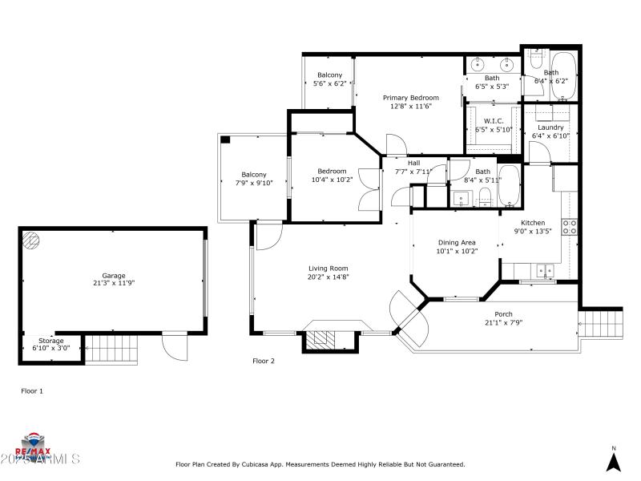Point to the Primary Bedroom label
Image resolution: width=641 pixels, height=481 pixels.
(410, 98)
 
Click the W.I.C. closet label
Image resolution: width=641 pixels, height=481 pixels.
(493, 121)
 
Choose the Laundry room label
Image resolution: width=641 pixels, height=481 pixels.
(550, 127)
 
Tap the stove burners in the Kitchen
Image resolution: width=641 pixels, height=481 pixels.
(570, 227)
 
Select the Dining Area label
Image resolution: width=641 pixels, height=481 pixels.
(457, 243)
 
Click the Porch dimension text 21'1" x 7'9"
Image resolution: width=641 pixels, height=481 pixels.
(503, 322)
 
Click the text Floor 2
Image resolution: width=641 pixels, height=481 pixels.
(264, 362)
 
